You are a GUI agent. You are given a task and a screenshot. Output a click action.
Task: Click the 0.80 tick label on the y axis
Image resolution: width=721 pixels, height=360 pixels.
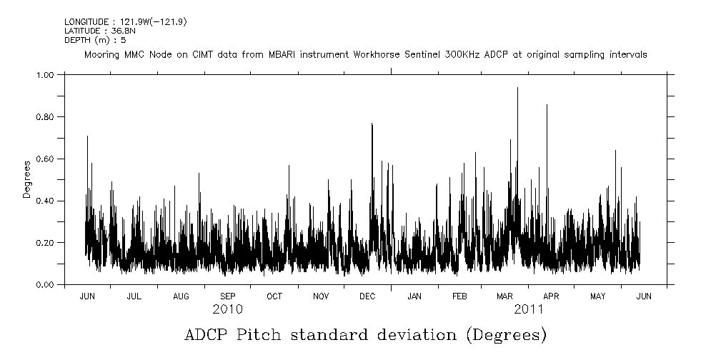click(44, 116)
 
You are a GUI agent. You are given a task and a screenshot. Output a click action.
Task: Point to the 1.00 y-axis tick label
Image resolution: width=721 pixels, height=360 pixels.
click(44, 74)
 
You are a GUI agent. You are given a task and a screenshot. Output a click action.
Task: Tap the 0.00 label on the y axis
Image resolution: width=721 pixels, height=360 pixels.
click(44, 285)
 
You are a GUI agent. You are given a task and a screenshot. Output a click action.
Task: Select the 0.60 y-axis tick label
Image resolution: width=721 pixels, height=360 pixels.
click(44, 159)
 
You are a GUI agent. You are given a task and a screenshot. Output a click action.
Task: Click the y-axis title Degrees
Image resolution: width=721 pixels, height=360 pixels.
click(27, 179)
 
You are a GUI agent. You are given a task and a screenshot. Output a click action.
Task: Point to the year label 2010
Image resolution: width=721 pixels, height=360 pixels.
click(227, 309)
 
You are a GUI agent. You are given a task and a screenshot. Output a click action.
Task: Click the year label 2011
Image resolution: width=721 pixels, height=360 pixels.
click(529, 309)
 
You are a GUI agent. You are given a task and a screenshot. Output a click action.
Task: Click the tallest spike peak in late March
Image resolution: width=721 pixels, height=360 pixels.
click(517, 88)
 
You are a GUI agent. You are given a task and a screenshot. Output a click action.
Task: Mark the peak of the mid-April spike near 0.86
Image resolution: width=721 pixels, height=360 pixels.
click(547, 105)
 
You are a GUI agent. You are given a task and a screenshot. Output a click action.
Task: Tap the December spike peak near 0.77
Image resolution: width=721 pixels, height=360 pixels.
click(372, 124)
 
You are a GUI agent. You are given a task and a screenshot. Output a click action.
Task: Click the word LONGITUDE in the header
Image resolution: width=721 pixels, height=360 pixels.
click(86, 22)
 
